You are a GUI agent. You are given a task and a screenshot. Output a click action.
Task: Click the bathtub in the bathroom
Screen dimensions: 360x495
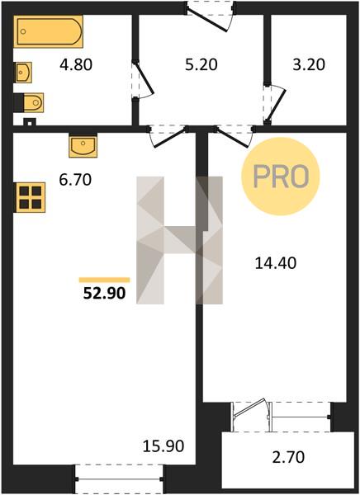[x=48, y=31]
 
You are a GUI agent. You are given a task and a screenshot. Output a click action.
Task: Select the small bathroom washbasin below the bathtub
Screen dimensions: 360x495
[x=23, y=73]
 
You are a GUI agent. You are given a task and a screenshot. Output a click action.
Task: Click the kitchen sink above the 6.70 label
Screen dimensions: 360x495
[x=83, y=145]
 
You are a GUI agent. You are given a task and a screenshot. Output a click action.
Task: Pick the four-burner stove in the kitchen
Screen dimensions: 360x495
[x=30, y=197]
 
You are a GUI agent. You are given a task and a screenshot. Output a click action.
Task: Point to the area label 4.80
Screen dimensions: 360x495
[x=76, y=64]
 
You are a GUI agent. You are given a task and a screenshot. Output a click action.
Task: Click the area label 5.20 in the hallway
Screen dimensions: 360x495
[x=201, y=64]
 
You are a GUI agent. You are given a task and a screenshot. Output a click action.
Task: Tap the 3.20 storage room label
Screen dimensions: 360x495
[x=309, y=64]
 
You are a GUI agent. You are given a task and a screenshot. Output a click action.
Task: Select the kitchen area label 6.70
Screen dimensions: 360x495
[x=75, y=180]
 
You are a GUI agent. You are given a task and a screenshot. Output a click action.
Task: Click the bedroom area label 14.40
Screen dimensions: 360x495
[x=276, y=263]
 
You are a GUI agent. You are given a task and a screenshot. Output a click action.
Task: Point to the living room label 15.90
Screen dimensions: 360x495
[x=163, y=446]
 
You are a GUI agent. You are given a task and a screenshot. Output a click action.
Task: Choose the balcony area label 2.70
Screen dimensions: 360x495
[x=288, y=457]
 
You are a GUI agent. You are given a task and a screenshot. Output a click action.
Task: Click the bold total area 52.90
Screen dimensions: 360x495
[x=105, y=293]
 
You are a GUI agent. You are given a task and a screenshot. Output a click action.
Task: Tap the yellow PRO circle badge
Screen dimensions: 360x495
[x=281, y=177]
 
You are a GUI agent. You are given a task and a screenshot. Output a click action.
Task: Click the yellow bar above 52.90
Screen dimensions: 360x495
[x=105, y=280]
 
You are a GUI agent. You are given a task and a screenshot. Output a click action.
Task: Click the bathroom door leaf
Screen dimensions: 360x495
[x=144, y=78]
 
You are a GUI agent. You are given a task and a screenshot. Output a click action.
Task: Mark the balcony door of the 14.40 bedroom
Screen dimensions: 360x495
[x=252, y=409]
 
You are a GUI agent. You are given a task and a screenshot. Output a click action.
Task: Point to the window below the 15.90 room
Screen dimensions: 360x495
[x=119, y=479]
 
